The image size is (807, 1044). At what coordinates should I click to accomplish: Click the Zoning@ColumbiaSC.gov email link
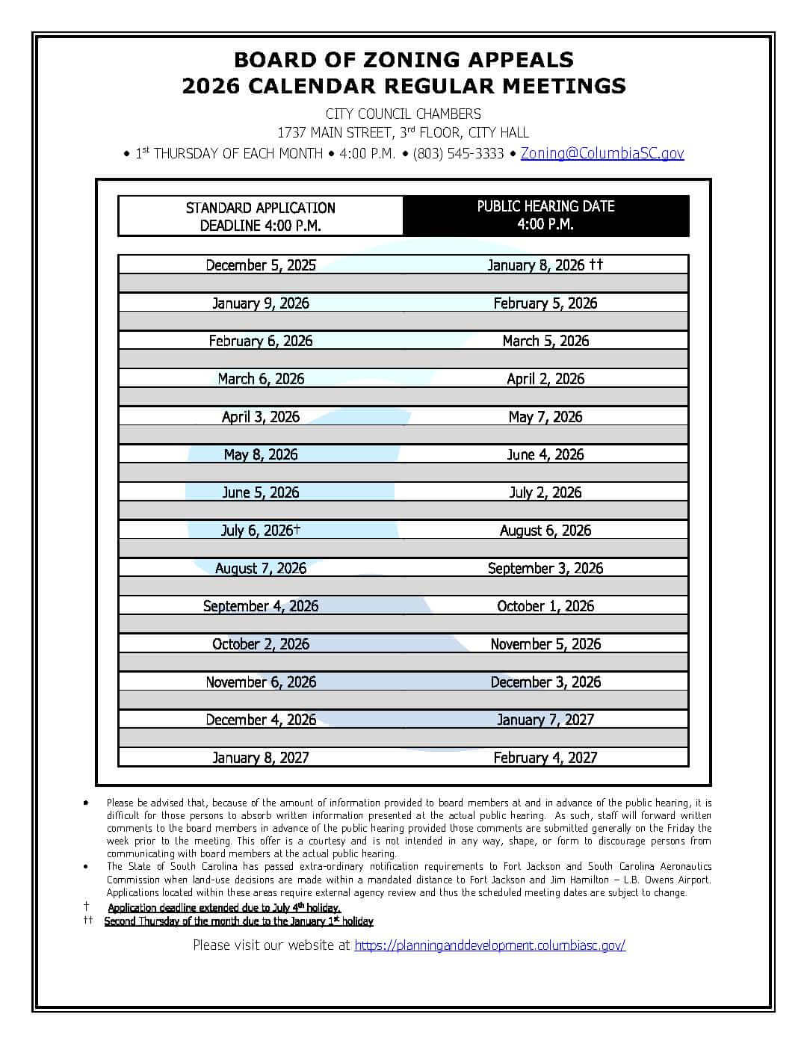pyautogui.click(x=602, y=153)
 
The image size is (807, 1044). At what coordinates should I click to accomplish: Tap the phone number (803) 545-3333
pyautogui.click(x=458, y=153)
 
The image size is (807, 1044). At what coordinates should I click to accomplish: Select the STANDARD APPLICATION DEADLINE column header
pyautogui.click(x=260, y=216)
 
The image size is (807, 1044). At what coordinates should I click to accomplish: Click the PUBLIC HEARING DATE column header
pyautogui.click(x=545, y=215)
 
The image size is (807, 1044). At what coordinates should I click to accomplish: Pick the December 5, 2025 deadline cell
pyautogui.click(x=260, y=265)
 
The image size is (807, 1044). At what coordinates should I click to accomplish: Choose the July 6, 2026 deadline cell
pyautogui.click(x=260, y=531)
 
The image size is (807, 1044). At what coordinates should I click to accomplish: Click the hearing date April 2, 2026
pyautogui.click(x=545, y=379)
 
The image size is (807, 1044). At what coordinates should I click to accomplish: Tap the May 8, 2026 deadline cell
pyautogui.click(x=260, y=454)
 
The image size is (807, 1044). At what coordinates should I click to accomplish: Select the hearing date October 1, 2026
pyautogui.click(x=545, y=606)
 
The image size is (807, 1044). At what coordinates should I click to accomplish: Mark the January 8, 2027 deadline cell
pyautogui.click(x=260, y=758)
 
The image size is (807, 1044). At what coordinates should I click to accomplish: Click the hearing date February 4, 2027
pyautogui.click(x=545, y=758)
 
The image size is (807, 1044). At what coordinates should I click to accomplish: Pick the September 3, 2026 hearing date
pyautogui.click(x=545, y=568)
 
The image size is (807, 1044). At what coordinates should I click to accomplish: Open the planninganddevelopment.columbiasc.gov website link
pyautogui.click(x=489, y=945)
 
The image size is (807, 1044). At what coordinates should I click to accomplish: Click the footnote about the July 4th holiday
pyautogui.click(x=224, y=907)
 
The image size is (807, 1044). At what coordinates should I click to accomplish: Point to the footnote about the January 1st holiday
pyautogui.click(x=238, y=921)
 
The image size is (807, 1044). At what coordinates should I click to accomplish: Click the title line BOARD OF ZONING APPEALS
pyautogui.click(x=403, y=60)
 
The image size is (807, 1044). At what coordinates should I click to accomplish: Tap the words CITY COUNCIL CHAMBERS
pyautogui.click(x=403, y=114)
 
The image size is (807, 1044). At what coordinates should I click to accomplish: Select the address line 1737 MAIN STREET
pyautogui.click(x=403, y=133)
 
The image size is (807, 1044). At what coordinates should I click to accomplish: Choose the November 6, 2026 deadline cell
pyautogui.click(x=260, y=682)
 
